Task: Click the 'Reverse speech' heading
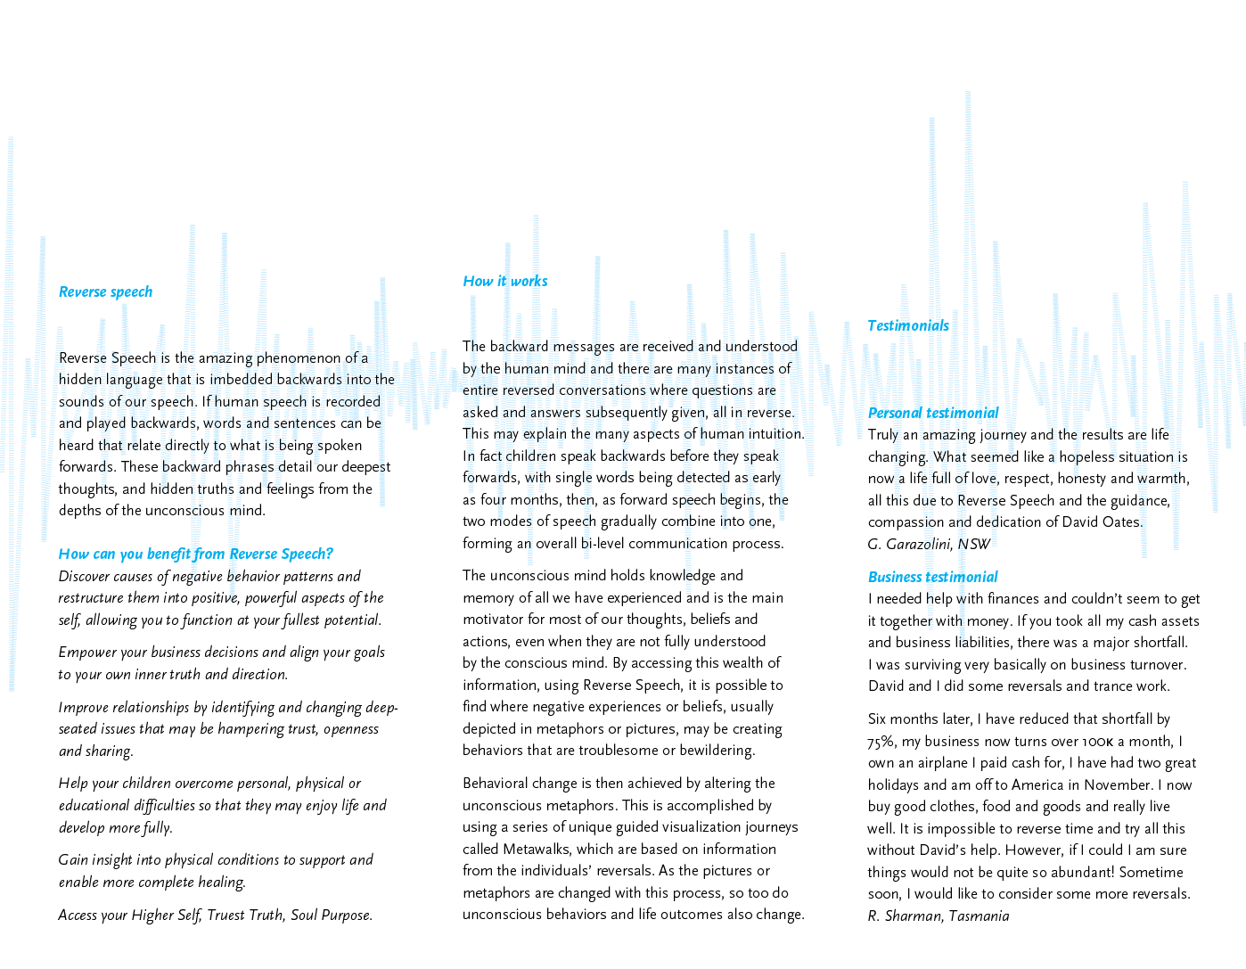click(105, 292)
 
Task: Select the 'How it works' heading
click(504, 282)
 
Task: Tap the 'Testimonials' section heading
click(907, 326)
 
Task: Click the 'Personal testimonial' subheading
click(932, 414)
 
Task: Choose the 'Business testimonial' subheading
click(932, 578)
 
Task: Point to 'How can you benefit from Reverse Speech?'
click(195, 554)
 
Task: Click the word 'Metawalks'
click(537, 850)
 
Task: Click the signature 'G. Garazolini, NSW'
click(928, 545)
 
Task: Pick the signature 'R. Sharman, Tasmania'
click(938, 916)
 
